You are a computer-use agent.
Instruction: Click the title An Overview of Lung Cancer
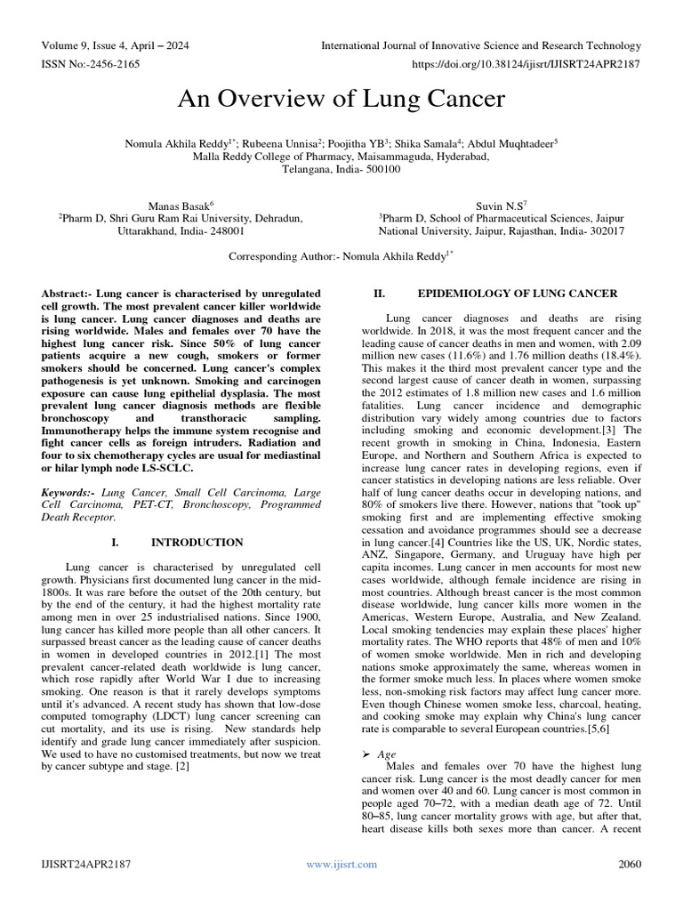[x=341, y=99]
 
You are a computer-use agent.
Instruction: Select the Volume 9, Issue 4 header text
[x=115, y=45]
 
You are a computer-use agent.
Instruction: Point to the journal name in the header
[x=480, y=45]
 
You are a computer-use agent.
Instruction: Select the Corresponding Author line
[x=341, y=256]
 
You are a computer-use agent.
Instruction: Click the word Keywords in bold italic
[x=69, y=491]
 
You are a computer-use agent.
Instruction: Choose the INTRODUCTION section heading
[x=197, y=542]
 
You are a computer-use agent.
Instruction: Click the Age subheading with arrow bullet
[x=388, y=754]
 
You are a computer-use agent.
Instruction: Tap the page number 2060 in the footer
[x=630, y=864]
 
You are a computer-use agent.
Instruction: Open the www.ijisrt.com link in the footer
[x=341, y=864]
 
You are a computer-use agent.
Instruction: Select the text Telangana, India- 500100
[x=341, y=168]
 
